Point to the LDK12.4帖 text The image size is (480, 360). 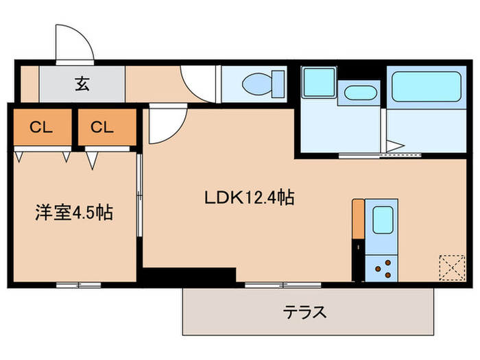[x=250, y=198]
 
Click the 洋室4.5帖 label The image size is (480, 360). [x=74, y=213]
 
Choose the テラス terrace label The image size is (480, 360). [x=305, y=313]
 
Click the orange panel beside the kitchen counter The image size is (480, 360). [x=357, y=217]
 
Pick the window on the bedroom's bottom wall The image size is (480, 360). [x=78, y=284]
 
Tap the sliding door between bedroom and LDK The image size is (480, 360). [x=140, y=199]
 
